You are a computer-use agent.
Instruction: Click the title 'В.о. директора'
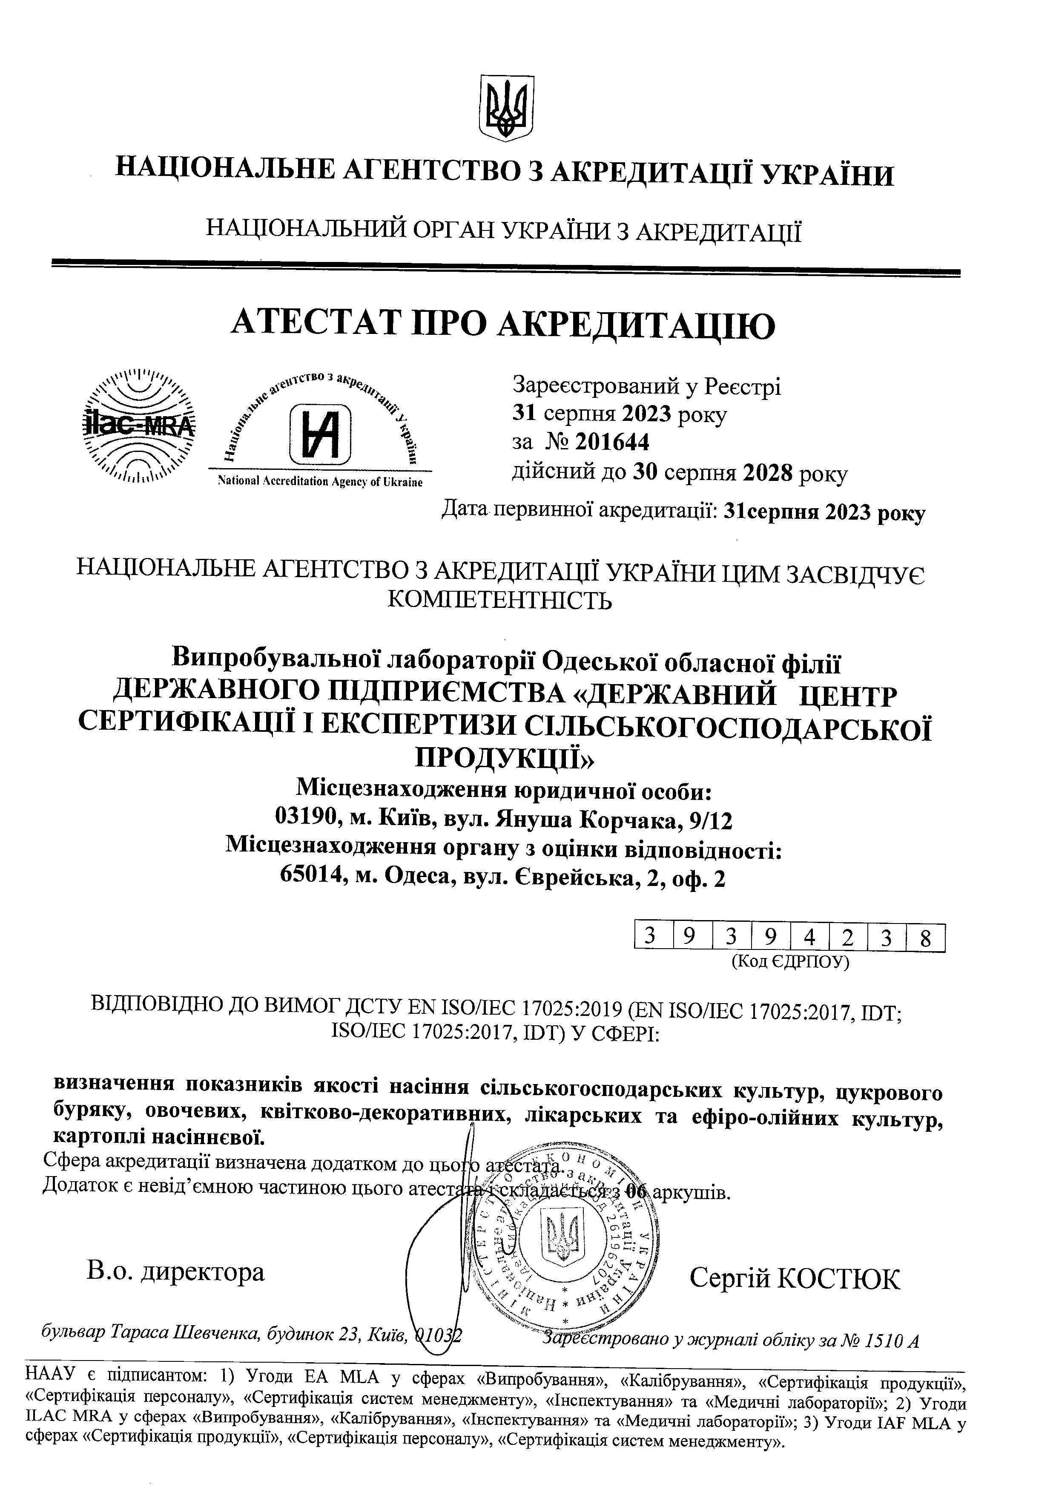coord(175,1272)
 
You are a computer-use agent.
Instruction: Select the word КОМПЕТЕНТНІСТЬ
coord(500,599)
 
